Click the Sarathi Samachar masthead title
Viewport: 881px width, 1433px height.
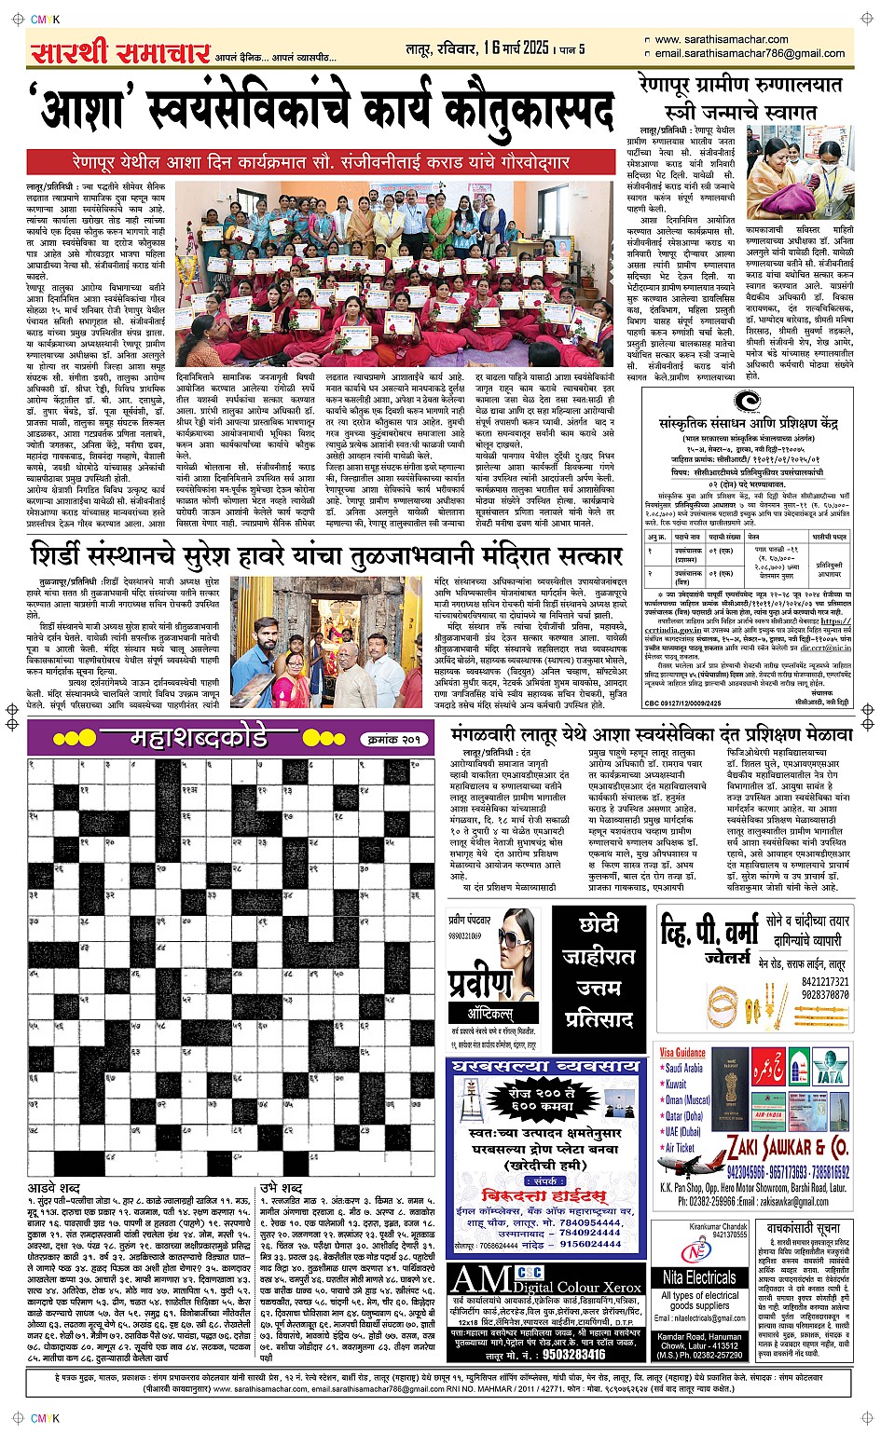click(119, 51)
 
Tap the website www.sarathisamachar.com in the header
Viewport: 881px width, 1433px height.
click(722, 39)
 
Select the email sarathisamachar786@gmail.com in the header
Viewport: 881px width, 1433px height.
click(750, 53)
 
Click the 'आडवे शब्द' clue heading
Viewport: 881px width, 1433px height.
click(53, 1188)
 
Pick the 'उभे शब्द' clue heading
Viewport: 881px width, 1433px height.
click(281, 1188)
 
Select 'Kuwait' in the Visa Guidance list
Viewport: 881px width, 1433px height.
click(676, 1084)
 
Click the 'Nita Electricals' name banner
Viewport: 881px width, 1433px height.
click(699, 1277)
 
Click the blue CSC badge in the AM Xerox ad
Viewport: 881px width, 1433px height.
click(529, 1272)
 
